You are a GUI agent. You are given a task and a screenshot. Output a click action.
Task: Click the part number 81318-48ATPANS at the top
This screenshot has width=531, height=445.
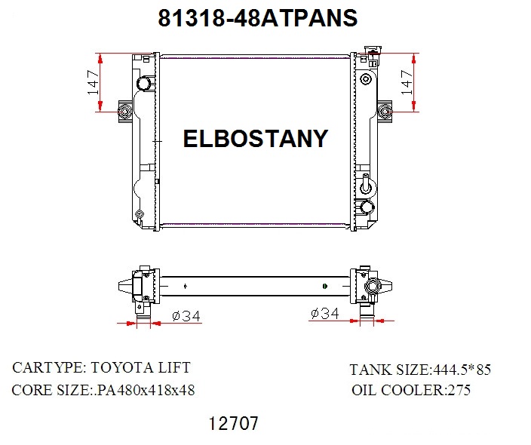click(257, 18)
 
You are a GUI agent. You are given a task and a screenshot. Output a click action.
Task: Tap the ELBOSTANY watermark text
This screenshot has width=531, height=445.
click(256, 139)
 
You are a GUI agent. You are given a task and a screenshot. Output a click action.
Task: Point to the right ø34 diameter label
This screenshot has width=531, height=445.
click(324, 313)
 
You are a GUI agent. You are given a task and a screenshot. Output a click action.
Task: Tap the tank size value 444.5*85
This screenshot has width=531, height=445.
click(461, 370)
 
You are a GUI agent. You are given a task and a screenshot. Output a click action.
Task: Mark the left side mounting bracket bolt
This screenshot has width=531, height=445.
click(124, 113)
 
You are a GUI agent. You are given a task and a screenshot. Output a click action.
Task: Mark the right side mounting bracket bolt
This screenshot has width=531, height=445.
click(385, 113)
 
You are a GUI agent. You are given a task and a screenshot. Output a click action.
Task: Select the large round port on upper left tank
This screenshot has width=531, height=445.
click(142, 83)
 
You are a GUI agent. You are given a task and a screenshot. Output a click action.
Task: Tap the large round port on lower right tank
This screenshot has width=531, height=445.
click(367, 207)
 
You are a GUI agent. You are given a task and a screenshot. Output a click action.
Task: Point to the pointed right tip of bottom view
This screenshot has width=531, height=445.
click(393, 287)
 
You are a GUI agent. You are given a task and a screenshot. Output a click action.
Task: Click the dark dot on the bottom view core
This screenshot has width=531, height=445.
click(324, 286)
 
